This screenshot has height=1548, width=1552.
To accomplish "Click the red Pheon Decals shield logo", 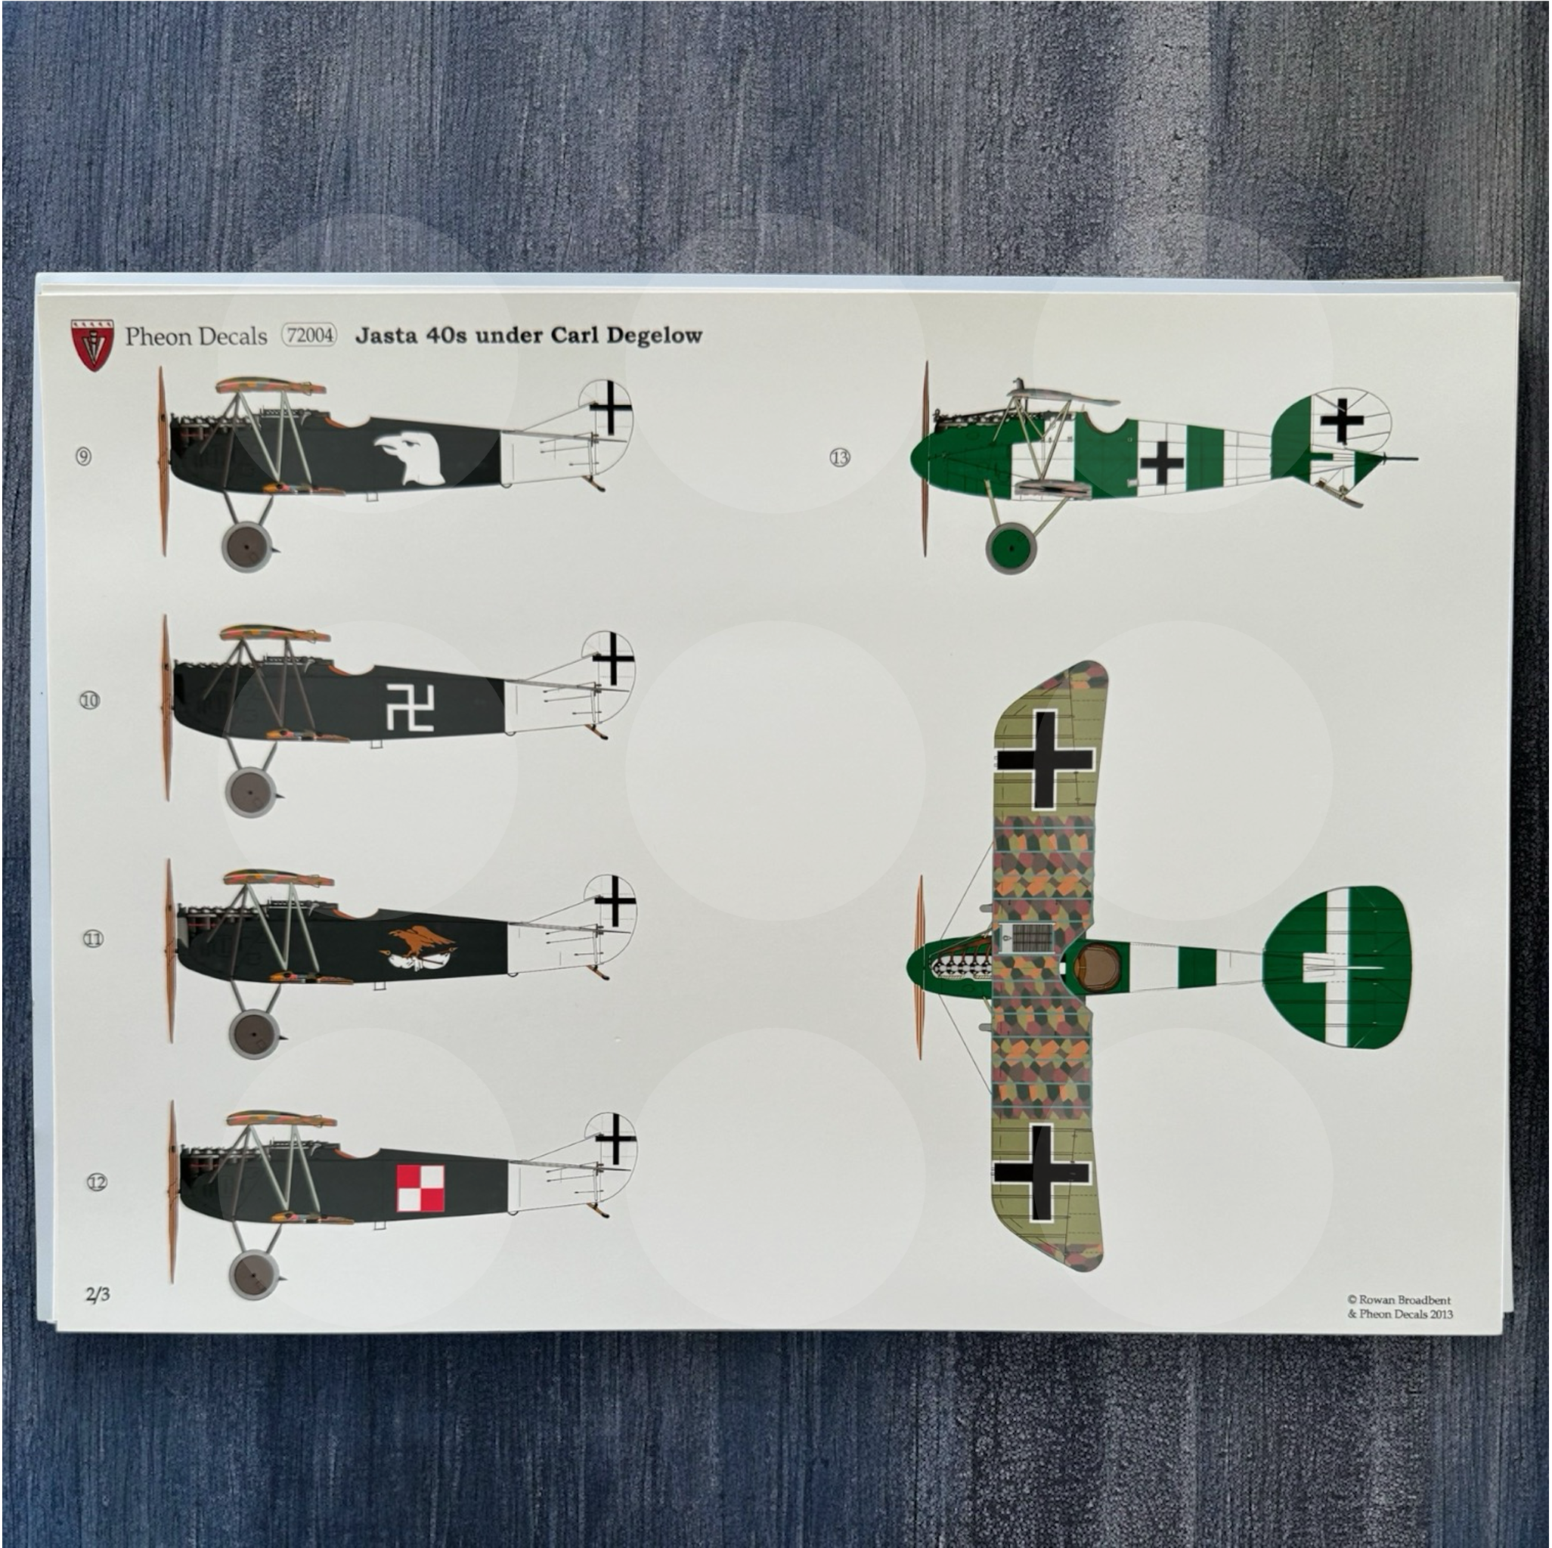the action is click(92, 345).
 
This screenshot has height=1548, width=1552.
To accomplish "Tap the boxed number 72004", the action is click(309, 335).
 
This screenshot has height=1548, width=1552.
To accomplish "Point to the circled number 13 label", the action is click(839, 458).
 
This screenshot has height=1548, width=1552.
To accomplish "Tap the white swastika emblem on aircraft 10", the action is click(410, 707).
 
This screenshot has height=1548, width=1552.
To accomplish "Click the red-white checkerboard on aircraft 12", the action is click(420, 1189).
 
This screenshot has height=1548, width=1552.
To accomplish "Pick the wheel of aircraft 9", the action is click(245, 546).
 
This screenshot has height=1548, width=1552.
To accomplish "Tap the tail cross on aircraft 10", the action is click(612, 658).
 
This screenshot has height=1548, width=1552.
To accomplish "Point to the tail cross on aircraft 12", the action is click(615, 1138).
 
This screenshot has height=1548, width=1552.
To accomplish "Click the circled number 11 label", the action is click(93, 938).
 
